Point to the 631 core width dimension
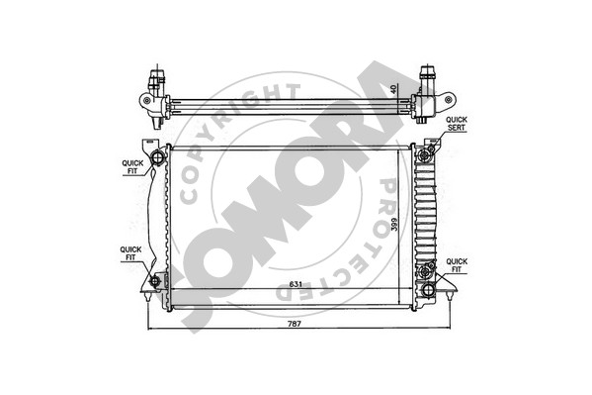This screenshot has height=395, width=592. coord(296,284)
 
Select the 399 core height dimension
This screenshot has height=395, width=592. coord(393,225)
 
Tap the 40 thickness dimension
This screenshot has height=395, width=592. coord(393,89)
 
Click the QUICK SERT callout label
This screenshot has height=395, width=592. coord(457,124)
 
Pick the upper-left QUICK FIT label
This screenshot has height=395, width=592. coord(132,167)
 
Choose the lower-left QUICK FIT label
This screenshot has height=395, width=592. coord(130,253)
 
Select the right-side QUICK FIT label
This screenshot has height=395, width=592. coord(457,265)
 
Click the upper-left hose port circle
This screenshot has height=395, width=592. coord(158,157)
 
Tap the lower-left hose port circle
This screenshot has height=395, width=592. coord(155,281)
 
